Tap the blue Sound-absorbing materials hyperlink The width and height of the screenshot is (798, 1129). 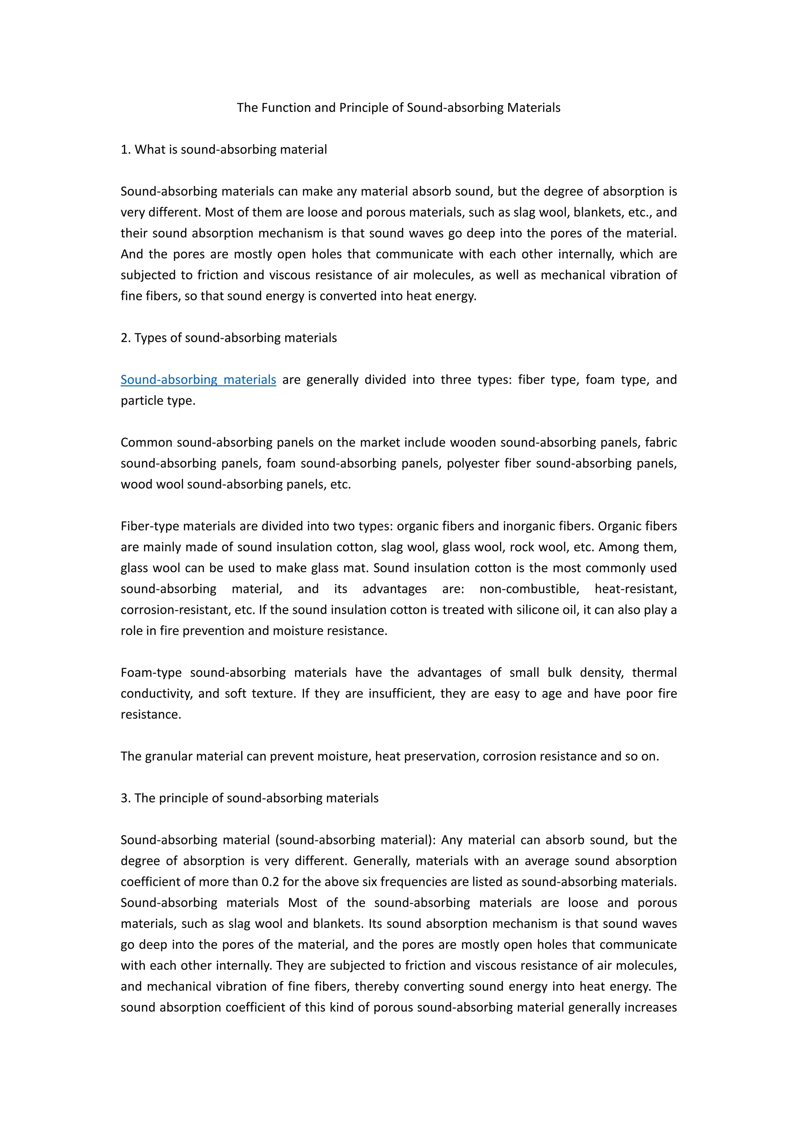click(x=198, y=380)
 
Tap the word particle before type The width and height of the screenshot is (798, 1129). click(x=142, y=401)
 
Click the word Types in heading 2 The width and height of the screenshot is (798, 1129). click(x=150, y=338)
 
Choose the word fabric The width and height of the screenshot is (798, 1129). click(x=660, y=442)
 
